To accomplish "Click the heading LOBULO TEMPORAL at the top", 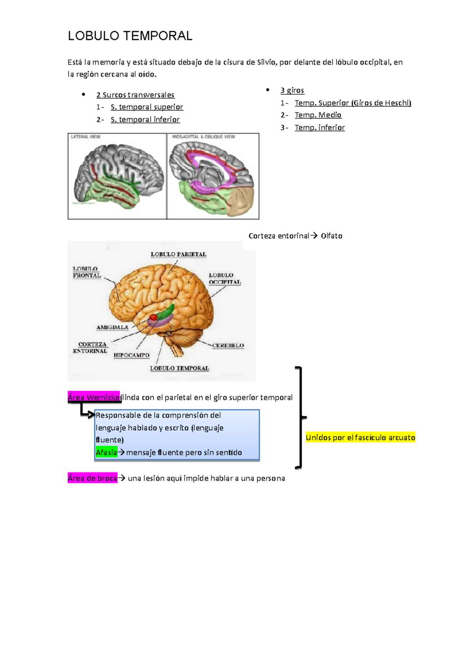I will point(130,36).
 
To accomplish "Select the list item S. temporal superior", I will point(147,107).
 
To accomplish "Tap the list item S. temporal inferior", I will point(145,120).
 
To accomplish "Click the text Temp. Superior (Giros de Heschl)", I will point(353,103).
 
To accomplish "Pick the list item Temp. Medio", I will point(318,115).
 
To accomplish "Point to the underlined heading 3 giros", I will point(292,90).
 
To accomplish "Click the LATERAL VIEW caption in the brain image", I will point(86,137).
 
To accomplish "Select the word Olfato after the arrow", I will point(331,236).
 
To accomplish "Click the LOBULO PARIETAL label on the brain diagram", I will point(179,255).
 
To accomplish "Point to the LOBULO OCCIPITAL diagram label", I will point(224,279).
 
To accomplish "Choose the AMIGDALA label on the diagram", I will point(112,327).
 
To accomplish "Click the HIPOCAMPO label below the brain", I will point(132,355).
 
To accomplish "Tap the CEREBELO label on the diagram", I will point(228,345).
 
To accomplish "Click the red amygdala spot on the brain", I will point(154,317).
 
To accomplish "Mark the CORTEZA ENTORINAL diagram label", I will point(90,348).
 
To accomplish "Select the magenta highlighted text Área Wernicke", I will point(94,397).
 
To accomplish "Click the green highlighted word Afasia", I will point(106,452).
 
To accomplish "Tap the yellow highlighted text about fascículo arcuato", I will point(360,437).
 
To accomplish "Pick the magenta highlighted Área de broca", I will point(92,478).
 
